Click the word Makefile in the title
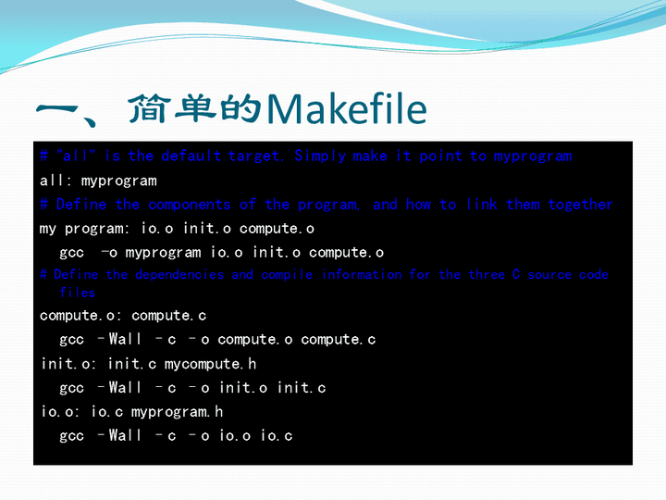(346, 110)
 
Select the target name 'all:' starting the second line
(55, 181)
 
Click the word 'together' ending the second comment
(580, 205)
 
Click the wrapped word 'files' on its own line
(78, 293)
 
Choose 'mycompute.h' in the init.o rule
(210, 364)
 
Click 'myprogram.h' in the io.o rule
(177, 412)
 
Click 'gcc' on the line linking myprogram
(72, 253)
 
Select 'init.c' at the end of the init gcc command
(302, 388)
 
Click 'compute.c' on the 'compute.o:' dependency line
(168, 316)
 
